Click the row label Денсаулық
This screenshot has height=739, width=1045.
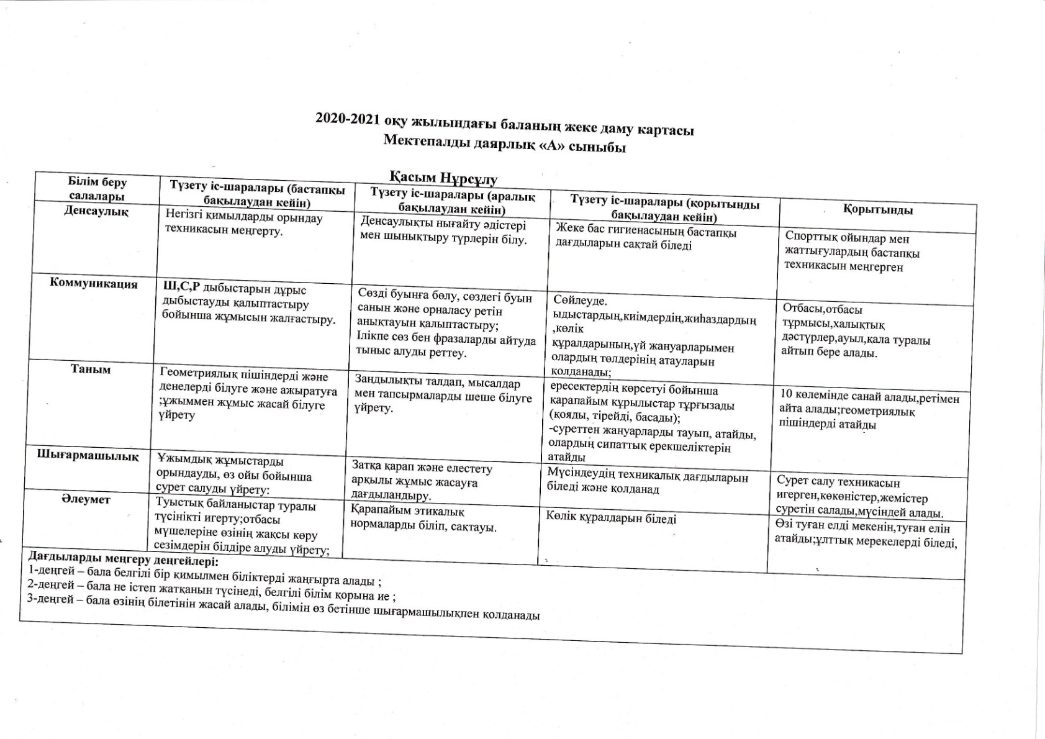96,211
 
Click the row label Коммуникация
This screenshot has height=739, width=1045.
93,284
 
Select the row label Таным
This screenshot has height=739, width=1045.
91,369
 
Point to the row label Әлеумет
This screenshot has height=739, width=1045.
86,499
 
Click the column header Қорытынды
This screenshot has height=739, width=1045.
877,210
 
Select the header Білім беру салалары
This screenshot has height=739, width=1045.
97,189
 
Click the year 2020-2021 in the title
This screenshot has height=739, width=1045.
348,119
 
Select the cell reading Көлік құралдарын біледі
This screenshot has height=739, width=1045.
612,518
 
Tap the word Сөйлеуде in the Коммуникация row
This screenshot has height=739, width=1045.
580,300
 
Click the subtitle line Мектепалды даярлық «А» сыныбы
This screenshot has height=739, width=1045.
504,143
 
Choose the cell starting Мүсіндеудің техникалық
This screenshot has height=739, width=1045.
647,483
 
